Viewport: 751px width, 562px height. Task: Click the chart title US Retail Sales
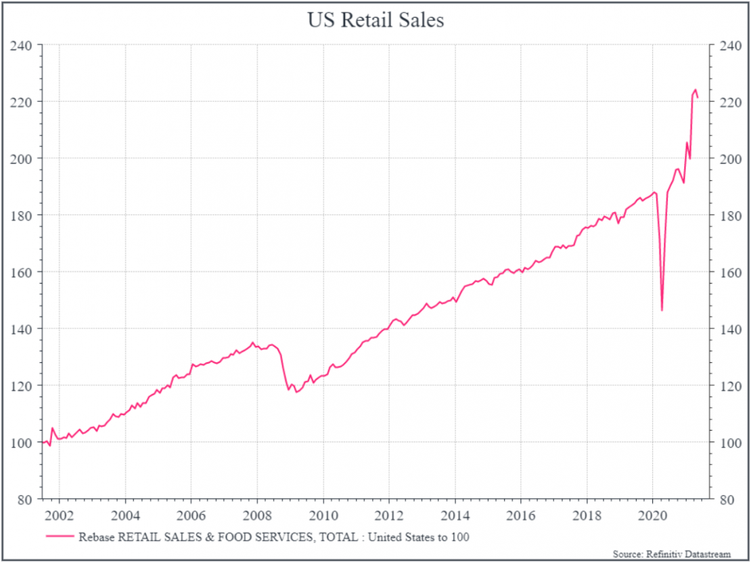pyautogui.click(x=375, y=20)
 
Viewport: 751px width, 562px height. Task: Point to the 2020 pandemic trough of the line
pyautogui.click(x=662, y=310)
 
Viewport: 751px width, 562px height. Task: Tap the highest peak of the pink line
pyautogui.click(x=695, y=89)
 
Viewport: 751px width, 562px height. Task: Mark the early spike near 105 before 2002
pyautogui.click(x=52, y=428)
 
